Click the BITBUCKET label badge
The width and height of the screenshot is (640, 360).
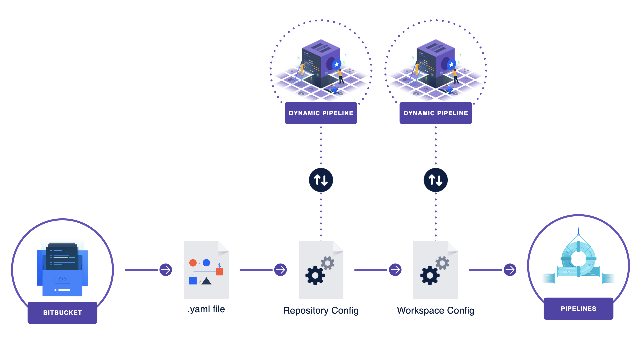coord(62,313)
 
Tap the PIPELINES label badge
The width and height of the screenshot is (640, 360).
coord(578,309)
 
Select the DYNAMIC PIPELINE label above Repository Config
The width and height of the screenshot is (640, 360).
coord(321,113)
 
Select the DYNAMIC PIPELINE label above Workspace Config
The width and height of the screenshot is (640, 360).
coord(435,113)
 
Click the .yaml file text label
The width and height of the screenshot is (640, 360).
coord(206,309)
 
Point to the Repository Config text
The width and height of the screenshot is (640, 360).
coord(321,310)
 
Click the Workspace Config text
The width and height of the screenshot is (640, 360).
coord(435,310)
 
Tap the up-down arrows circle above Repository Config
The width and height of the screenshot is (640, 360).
coord(321,180)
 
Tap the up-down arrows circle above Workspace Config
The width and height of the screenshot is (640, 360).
coord(435,180)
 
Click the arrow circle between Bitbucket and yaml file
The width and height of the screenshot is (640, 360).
coord(166,270)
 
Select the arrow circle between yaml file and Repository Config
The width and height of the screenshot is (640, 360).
coord(280,270)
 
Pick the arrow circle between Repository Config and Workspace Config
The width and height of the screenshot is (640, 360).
coord(395,270)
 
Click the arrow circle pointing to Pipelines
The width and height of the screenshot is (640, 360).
coord(510,270)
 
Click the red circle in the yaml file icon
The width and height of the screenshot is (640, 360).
coord(193,263)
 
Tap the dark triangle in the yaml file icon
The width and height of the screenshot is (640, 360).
coord(207,281)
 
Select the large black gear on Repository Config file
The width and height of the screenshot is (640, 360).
coord(315,275)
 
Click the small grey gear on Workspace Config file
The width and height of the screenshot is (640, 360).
coord(442,263)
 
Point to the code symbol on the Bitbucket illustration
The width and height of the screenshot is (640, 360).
coord(62,279)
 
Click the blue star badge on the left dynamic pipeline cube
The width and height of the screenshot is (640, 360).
coord(337,64)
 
